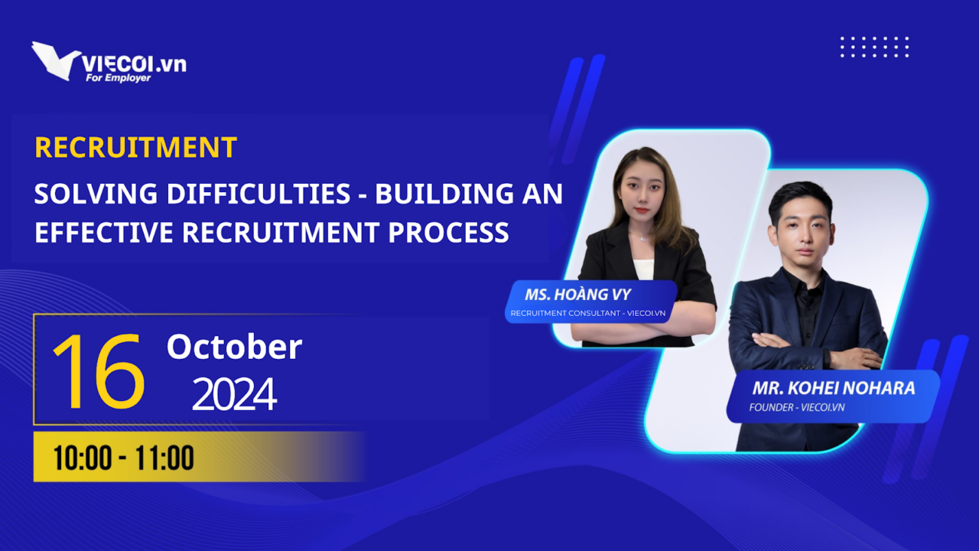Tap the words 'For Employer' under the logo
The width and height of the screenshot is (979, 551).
118,78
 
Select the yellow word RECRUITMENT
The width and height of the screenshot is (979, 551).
136,147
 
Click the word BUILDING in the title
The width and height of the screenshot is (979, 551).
444,194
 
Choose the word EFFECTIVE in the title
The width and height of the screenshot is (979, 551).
104,232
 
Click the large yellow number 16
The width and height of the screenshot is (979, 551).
99,371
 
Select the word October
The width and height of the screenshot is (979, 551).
234,347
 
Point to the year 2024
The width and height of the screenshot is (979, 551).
234,394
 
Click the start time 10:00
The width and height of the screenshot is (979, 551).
83,458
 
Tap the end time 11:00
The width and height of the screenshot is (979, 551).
164,458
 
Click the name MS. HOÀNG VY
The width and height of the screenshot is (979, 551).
577,295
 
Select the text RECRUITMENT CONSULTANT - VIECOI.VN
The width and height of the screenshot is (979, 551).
588,313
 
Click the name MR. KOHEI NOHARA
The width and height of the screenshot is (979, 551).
834,388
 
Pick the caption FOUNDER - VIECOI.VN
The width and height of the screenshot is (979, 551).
797,408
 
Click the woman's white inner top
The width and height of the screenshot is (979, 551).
644,269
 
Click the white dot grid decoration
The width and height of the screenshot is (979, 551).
874,47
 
